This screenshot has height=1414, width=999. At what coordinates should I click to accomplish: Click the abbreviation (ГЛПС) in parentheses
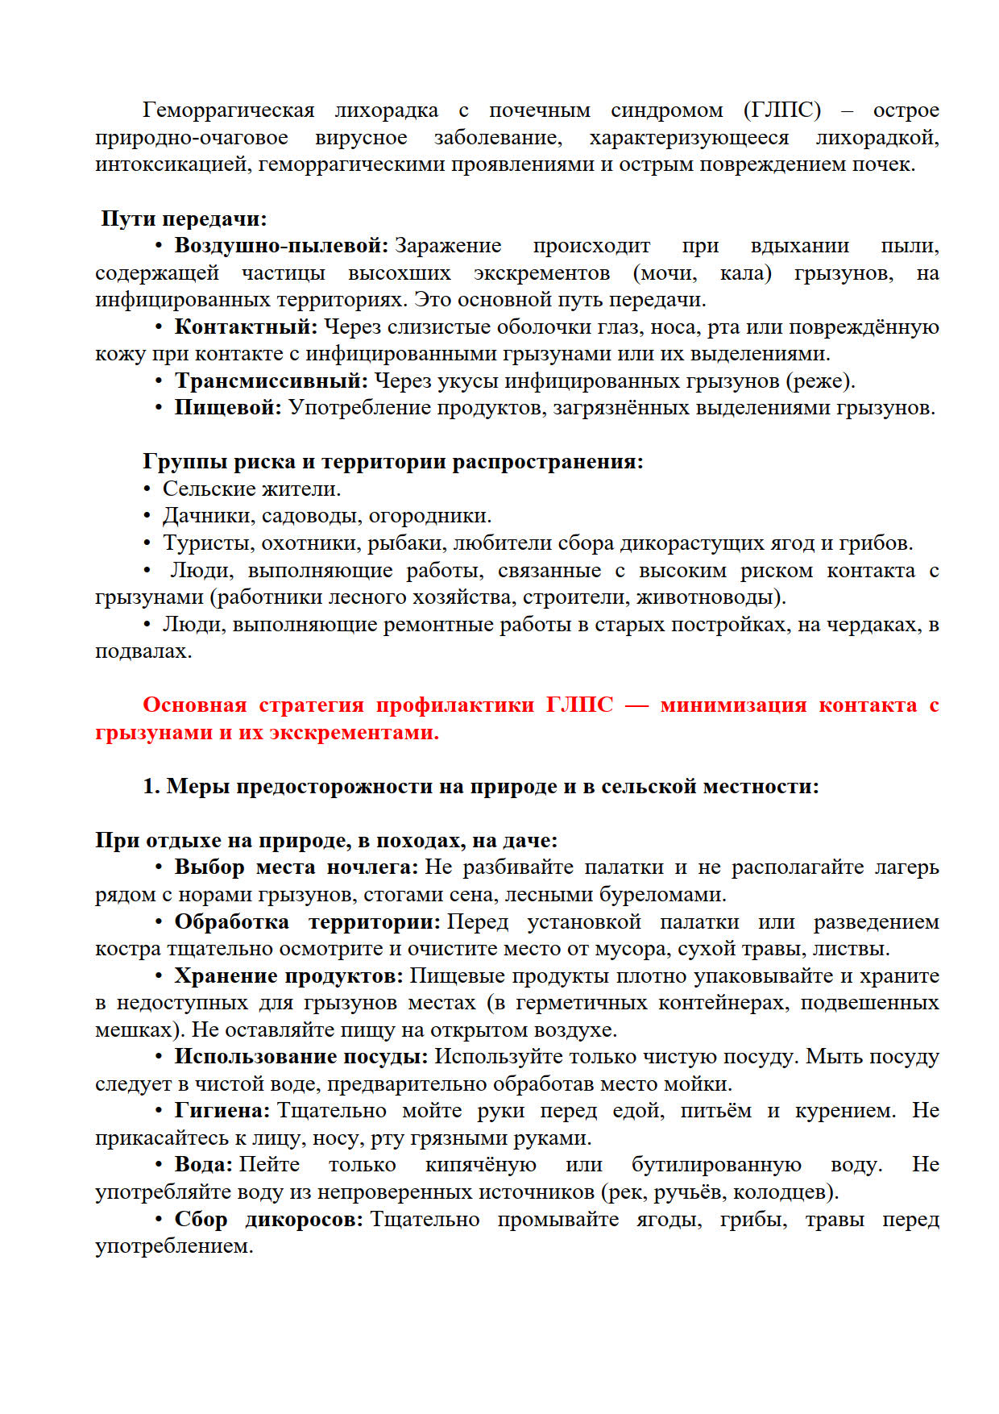click(x=781, y=110)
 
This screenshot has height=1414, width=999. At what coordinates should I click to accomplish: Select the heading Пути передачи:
click(x=184, y=218)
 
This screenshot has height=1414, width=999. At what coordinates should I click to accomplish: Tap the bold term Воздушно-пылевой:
click(x=281, y=246)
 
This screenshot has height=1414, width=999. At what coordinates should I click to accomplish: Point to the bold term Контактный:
click(x=246, y=326)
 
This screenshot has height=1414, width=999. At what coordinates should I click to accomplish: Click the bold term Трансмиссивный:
click(x=271, y=381)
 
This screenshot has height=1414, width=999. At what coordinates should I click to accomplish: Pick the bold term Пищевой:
click(x=228, y=408)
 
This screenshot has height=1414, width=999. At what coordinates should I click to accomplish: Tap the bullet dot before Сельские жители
click(x=147, y=489)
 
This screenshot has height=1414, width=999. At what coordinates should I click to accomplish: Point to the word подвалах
click(x=143, y=651)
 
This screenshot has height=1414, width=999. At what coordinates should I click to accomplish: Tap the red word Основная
click(x=194, y=705)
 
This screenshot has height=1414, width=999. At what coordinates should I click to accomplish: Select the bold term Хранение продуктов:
click(x=288, y=976)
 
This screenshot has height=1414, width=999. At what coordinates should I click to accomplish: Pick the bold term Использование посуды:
click(x=301, y=1057)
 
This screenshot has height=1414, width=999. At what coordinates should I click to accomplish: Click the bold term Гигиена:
click(x=222, y=1111)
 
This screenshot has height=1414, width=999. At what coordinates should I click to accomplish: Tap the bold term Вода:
click(x=203, y=1165)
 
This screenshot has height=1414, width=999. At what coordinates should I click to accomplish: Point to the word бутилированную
click(x=716, y=1165)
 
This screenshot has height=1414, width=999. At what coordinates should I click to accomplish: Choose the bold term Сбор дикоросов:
click(x=268, y=1220)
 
